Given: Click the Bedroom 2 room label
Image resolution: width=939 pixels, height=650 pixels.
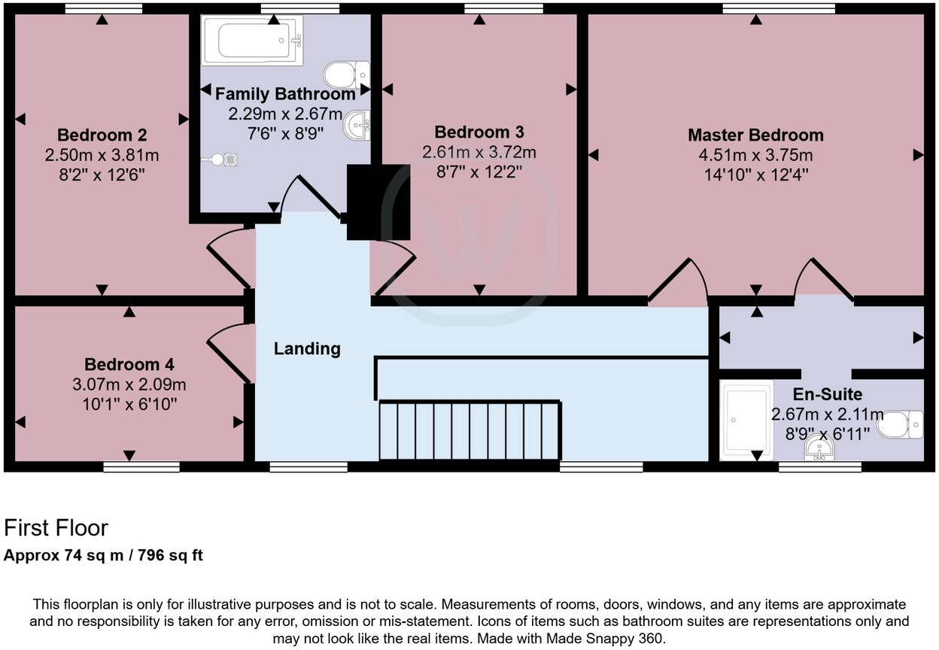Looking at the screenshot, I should coord(102,135).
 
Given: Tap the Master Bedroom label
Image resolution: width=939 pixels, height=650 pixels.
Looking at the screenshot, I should coord(755,135).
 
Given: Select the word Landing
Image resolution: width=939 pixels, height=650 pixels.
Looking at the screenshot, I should coord(307,349).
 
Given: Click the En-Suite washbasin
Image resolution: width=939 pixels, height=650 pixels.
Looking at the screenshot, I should coord(819,448).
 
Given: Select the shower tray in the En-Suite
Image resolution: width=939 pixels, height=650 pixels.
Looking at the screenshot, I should coord(746,420).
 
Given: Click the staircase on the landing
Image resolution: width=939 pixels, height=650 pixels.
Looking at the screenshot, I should coord(469,430).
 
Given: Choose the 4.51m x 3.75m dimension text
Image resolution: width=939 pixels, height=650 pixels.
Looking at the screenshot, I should coord(755,156).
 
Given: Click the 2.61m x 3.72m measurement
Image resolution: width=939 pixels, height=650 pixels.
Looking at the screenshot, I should coord(479,153).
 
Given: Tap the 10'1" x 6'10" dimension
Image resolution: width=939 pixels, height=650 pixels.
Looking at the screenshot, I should coord(129,404).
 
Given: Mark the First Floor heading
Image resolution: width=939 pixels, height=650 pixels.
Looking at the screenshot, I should coord(56,528).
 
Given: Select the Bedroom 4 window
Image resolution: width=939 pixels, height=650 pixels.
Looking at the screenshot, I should coord(141,467).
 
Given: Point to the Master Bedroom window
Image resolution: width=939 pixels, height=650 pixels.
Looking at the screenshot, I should coord(779,8).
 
